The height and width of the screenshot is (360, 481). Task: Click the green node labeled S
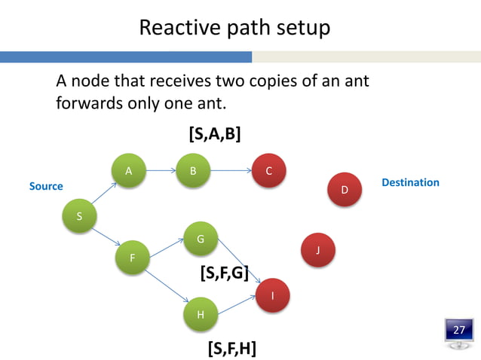[80, 217]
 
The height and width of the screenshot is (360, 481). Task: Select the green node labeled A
[129, 171]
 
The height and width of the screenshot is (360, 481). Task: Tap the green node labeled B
[193, 171]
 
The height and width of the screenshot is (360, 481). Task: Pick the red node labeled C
[269, 171]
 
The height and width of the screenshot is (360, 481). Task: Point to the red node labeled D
[345, 190]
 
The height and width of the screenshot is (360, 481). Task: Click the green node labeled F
[133, 258]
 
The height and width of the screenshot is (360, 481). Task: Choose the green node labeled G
[201, 239]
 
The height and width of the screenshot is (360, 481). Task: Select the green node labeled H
[201, 314]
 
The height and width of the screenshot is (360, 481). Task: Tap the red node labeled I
[273, 295]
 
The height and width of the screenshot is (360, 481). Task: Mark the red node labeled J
[318, 249]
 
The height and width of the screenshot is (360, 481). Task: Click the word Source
[46, 186]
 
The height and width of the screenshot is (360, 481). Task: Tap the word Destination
[410, 182]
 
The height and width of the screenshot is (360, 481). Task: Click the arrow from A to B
[161, 171]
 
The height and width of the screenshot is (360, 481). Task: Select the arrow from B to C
[231, 171]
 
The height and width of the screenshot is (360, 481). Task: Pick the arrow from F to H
[167, 286]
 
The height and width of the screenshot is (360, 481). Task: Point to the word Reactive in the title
[174, 28]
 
